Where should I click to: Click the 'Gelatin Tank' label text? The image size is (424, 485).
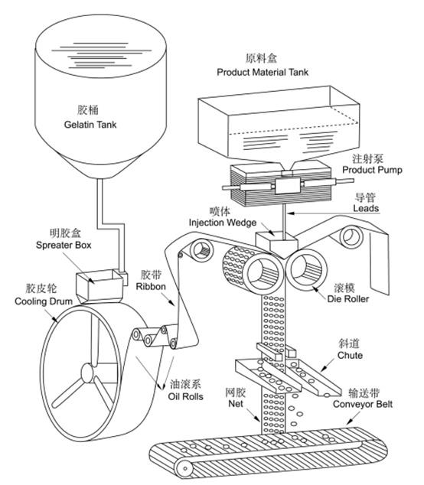[90, 125]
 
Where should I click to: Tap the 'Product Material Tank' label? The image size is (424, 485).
[263, 73]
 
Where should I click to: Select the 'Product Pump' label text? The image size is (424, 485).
[372, 170]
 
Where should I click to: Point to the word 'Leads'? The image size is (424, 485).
[366, 208]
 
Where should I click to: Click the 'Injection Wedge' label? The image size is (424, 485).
[223, 223]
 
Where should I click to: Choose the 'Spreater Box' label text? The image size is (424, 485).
[64, 246]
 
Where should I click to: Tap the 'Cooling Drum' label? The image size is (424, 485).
[44, 301]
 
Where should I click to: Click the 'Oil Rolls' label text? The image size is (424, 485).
[186, 396]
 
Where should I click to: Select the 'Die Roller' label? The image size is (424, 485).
[348, 299]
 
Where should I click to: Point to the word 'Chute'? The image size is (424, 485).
[350, 356]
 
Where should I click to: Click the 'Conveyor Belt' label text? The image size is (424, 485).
[363, 404]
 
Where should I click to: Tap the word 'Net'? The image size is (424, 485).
[236, 404]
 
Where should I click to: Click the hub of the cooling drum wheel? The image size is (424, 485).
[86, 371]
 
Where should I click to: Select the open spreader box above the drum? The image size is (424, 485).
[99, 285]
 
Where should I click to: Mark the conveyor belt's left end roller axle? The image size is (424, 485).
[185, 469]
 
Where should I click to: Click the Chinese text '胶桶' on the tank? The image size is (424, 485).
[88, 110]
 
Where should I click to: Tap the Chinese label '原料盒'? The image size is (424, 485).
[261, 58]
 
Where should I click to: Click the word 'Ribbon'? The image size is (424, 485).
[151, 287]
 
